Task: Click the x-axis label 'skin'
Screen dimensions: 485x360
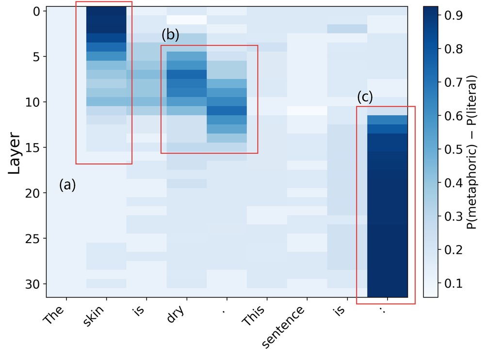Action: tap(94, 315)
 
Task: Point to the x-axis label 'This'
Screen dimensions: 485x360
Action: tap(254, 316)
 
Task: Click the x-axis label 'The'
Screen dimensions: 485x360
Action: tap(54, 314)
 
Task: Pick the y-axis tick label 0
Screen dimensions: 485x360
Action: tap(36, 12)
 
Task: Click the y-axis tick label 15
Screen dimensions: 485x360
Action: tap(32, 148)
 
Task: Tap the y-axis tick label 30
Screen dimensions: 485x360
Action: tap(32, 284)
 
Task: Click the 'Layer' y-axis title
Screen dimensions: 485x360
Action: tap(14, 153)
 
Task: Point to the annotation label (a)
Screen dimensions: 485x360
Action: tap(67, 185)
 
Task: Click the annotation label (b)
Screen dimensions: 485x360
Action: tap(170, 34)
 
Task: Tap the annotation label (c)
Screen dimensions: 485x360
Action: tap(365, 97)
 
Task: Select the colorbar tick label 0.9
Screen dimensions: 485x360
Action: tap(454, 15)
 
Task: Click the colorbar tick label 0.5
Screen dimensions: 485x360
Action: tap(454, 149)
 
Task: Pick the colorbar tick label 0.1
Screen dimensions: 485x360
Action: tap(454, 283)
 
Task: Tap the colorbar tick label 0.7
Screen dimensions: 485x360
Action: tap(454, 82)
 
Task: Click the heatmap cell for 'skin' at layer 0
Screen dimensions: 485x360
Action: tap(106, 11)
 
